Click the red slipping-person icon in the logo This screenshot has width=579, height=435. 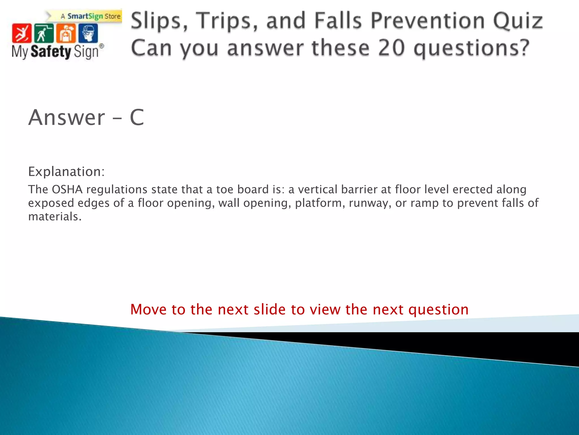pyautogui.click(x=21, y=33)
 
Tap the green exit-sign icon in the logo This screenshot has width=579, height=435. pyautogui.click(x=44, y=33)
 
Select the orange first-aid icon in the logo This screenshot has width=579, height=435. pyautogui.click(x=66, y=33)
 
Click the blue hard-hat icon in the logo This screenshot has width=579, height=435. pyautogui.click(x=88, y=33)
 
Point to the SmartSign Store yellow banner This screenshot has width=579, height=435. pyautogui.click(x=90, y=16)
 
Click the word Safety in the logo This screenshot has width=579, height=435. pyautogui.click(x=51, y=52)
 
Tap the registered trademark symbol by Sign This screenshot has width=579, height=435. pyautogui.click(x=101, y=46)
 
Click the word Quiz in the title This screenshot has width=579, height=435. pyautogui.click(x=518, y=21)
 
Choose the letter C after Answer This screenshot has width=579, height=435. pyautogui.click(x=137, y=117)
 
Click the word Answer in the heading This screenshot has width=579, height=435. pyautogui.click(x=67, y=117)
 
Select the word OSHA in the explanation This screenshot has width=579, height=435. pyautogui.click(x=67, y=189)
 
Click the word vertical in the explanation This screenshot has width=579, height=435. pyautogui.click(x=318, y=189)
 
